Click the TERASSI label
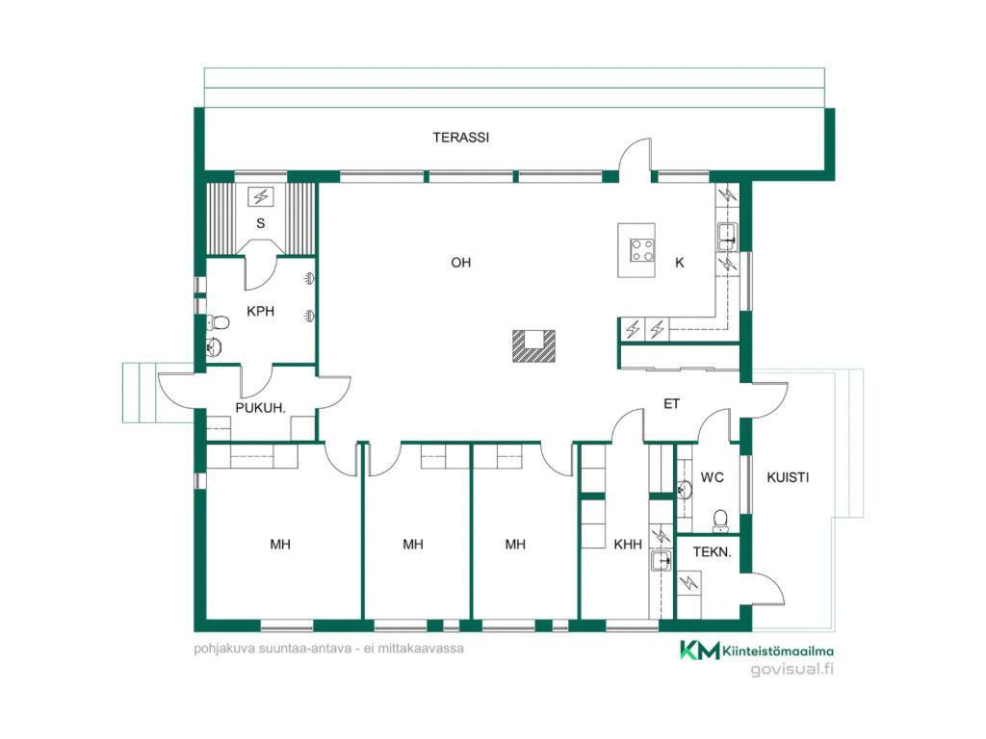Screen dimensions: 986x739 [x=461, y=137]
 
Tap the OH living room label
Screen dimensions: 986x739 [x=461, y=263]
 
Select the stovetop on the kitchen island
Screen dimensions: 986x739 [x=642, y=250]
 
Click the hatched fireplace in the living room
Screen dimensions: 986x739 [x=533, y=346]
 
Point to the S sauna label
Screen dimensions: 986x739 [x=260, y=223]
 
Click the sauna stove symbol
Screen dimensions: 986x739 [x=260, y=196]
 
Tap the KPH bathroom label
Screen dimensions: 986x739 [x=260, y=311]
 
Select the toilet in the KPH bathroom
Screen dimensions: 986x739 [x=218, y=323]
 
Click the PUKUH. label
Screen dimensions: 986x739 [x=260, y=408]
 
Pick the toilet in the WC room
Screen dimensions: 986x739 [x=720, y=521]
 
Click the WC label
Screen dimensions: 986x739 [x=712, y=477]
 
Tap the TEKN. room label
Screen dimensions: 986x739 [x=712, y=552]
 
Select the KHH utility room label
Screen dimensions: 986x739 [x=628, y=545]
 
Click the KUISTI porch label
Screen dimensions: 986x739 [x=788, y=477]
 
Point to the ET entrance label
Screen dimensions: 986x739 [x=671, y=403]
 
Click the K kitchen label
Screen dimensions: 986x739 [x=680, y=263]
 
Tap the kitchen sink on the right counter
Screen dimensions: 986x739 [x=728, y=237]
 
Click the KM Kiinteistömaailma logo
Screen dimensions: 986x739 [x=757, y=651]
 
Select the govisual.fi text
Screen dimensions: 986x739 [x=792, y=670]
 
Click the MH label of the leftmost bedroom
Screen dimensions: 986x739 [x=280, y=545]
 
